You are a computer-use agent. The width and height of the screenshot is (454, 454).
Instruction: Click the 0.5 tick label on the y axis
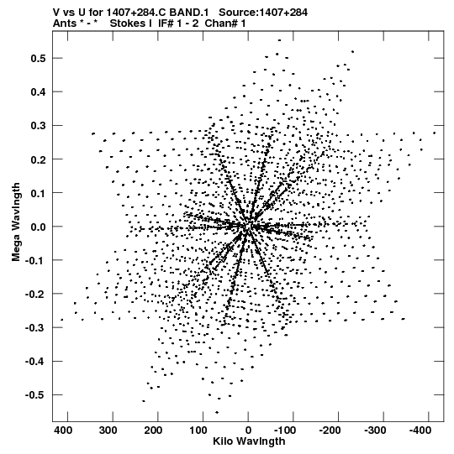click(39, 58)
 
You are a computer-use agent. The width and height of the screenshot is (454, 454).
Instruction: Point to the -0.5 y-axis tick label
click(35, 395)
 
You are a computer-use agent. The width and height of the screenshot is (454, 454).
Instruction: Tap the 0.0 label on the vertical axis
click(39, 227)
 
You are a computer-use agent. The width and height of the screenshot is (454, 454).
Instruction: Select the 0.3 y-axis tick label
click(39, 126)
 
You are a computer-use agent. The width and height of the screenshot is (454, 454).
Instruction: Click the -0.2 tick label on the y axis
click(35, 294)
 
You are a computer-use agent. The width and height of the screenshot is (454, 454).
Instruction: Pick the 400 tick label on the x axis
click(63, 431)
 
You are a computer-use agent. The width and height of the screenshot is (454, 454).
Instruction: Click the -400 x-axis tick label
click(420, 431)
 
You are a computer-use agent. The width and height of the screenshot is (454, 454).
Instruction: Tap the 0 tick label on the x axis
click(248, 431)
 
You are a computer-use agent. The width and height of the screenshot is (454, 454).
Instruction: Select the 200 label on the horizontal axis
click(153, 431)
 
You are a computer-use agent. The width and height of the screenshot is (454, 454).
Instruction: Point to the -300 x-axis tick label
click(375, 431)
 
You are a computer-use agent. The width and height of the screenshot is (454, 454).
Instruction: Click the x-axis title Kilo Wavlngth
click(249, 441)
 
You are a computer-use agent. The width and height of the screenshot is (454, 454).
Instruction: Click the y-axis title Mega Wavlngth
click(16, 222)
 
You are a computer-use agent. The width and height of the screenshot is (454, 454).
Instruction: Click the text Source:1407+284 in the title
click(263, 13)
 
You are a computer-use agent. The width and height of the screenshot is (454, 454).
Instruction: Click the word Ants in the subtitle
click(64, 23)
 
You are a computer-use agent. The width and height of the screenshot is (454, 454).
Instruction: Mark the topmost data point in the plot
click(279, 40)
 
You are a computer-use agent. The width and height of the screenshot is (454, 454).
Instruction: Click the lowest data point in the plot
click(217, 412)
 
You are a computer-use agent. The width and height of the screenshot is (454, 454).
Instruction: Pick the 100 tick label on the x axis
click(198, 431)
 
